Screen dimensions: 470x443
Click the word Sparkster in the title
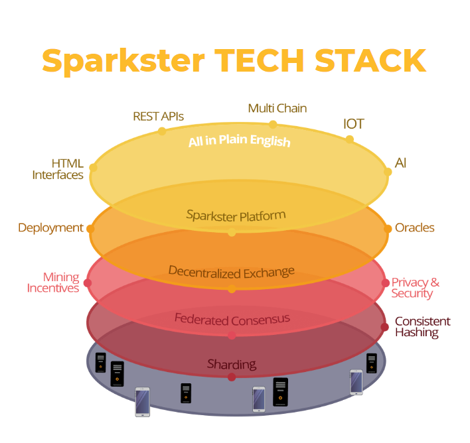coord(123,61)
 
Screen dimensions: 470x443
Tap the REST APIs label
coord(158,116)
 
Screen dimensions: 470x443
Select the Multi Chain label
coord(277,108)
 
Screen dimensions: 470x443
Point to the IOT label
coord(354,124)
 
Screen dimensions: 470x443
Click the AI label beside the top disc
coord(400,163)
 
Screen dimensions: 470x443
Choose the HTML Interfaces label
coord(58,169)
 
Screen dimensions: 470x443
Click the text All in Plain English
coord(240,141)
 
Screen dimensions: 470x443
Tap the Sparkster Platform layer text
coord(236,216)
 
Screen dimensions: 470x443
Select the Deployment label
coord(50,228)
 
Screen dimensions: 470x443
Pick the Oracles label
coord(414,227)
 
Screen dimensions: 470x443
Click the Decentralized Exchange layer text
coord(232,273)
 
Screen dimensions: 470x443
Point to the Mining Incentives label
coord(53,282)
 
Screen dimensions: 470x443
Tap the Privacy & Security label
coord(416,288)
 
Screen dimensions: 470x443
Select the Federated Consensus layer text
coord(232,320)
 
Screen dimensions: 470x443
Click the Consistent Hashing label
coord(423,327)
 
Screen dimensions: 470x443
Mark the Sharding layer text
coord(232,364)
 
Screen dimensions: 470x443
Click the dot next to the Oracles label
coord(388,229)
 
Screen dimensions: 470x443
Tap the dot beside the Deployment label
coord(90,229)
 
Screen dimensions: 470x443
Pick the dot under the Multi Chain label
coord(273,124)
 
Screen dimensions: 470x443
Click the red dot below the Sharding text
coord(232,377)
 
